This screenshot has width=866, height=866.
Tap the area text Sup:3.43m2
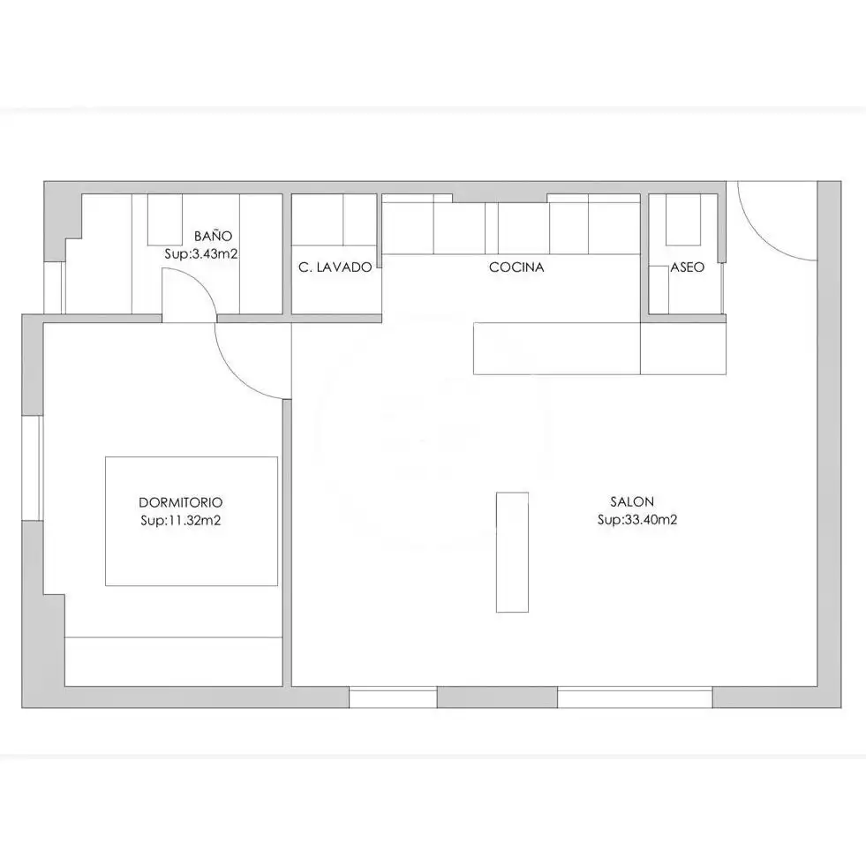[201, 254]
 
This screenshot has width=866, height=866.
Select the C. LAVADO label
[335, 267]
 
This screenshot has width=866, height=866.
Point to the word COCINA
[516, 267]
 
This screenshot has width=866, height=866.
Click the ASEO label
[688, 267]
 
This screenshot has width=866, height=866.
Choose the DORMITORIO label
[181, 502]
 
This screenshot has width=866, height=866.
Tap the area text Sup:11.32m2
[181, 520]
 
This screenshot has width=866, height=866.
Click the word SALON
[632, 501]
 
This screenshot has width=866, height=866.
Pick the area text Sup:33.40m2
[637, 520]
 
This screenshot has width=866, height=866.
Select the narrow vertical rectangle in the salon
[513, 553]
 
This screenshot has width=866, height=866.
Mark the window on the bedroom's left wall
[32, 468]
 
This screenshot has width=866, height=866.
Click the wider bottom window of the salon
[635, 697]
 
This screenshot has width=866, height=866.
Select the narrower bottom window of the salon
[393, 697]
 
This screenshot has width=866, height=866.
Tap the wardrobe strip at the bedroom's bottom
[173, 662]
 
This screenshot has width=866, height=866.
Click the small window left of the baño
[54, 288]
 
